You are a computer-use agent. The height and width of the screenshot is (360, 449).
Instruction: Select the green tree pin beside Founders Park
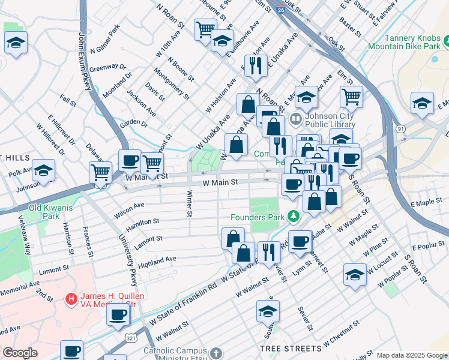point(294,215)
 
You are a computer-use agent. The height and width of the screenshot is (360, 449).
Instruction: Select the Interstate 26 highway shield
point(281,10)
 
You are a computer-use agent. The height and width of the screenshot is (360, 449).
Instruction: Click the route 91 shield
point(400,128)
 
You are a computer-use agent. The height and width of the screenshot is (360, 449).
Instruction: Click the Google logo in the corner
point(19,353)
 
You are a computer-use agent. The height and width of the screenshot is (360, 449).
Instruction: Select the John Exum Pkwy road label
point(84,59)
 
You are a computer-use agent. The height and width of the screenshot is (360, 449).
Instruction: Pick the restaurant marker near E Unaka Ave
point(256,66)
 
